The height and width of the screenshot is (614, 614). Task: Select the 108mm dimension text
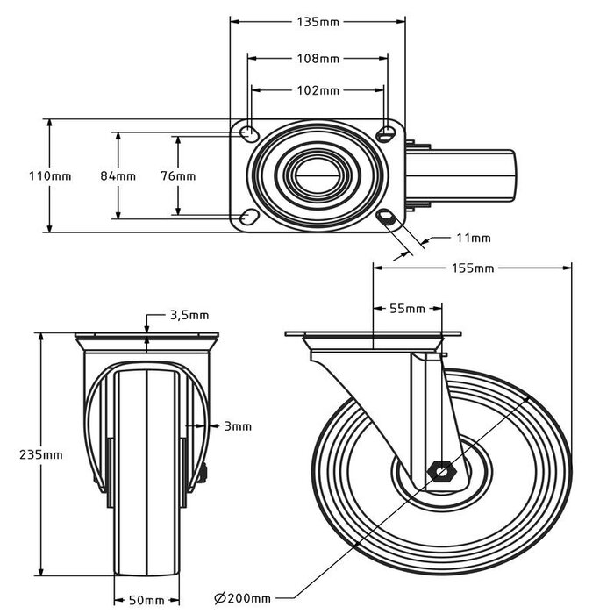pyautogui.click(x=317, y=59)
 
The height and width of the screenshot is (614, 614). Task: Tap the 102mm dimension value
pyautogui.click(x=317, y=90)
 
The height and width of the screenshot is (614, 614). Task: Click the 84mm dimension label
pyautogui.click(x=118, y=175)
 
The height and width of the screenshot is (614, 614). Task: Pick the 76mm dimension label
pyautogui.click(x=179, y=175)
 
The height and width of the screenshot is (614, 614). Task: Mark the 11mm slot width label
pyautogui.click(x=474, y=238)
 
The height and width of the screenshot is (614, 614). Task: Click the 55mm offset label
pyautogui.click(x=407, y=309)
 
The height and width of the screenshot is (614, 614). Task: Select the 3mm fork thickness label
pyautogui.click(x=237, y=426)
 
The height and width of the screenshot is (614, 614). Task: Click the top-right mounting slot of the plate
pyautogui.click(x=386, y=133)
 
